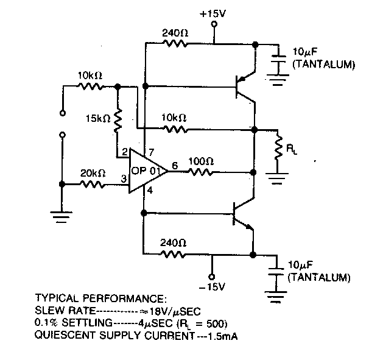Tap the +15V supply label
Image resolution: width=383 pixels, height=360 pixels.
click(x=214, y=12)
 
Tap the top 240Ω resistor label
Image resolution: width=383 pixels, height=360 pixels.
click(x=175, y=33)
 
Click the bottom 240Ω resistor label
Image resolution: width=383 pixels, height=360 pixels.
click(x=172, y=242)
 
